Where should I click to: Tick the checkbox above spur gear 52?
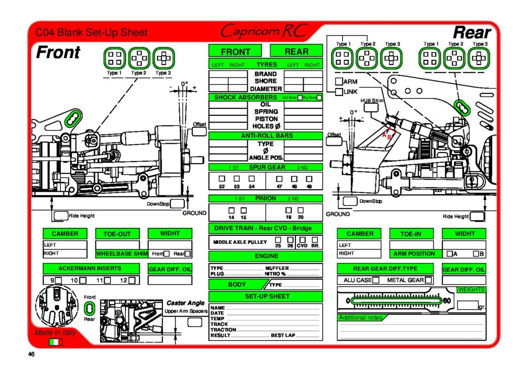[x=222, y=178]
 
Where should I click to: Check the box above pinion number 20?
[x=301, y=209]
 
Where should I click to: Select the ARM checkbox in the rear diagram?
[x=339, y=81]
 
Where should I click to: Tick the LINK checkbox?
[x=339, y=92]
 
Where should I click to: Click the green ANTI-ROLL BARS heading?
[x=266, y=136]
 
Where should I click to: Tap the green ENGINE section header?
[x=266, y=256]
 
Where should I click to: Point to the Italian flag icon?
[x=55, y=342]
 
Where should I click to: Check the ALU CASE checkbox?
[x=376, y=280]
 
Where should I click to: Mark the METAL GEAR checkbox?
[x=429, y=280]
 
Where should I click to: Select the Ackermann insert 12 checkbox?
[x=132, y=280]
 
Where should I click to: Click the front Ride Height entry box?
[x=61, y=216]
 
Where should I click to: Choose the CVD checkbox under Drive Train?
[x=303, y=239]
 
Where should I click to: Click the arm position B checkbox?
[x=476, y=254]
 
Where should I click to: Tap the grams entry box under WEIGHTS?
[x=467, y=305]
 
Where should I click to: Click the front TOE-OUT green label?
[x=117, y=234]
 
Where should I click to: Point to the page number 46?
[x=31, y=354]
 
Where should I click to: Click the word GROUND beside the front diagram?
[x=194, y=213]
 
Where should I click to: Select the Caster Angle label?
[x=185, y=303]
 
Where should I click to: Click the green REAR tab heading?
[x=296, y=51]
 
